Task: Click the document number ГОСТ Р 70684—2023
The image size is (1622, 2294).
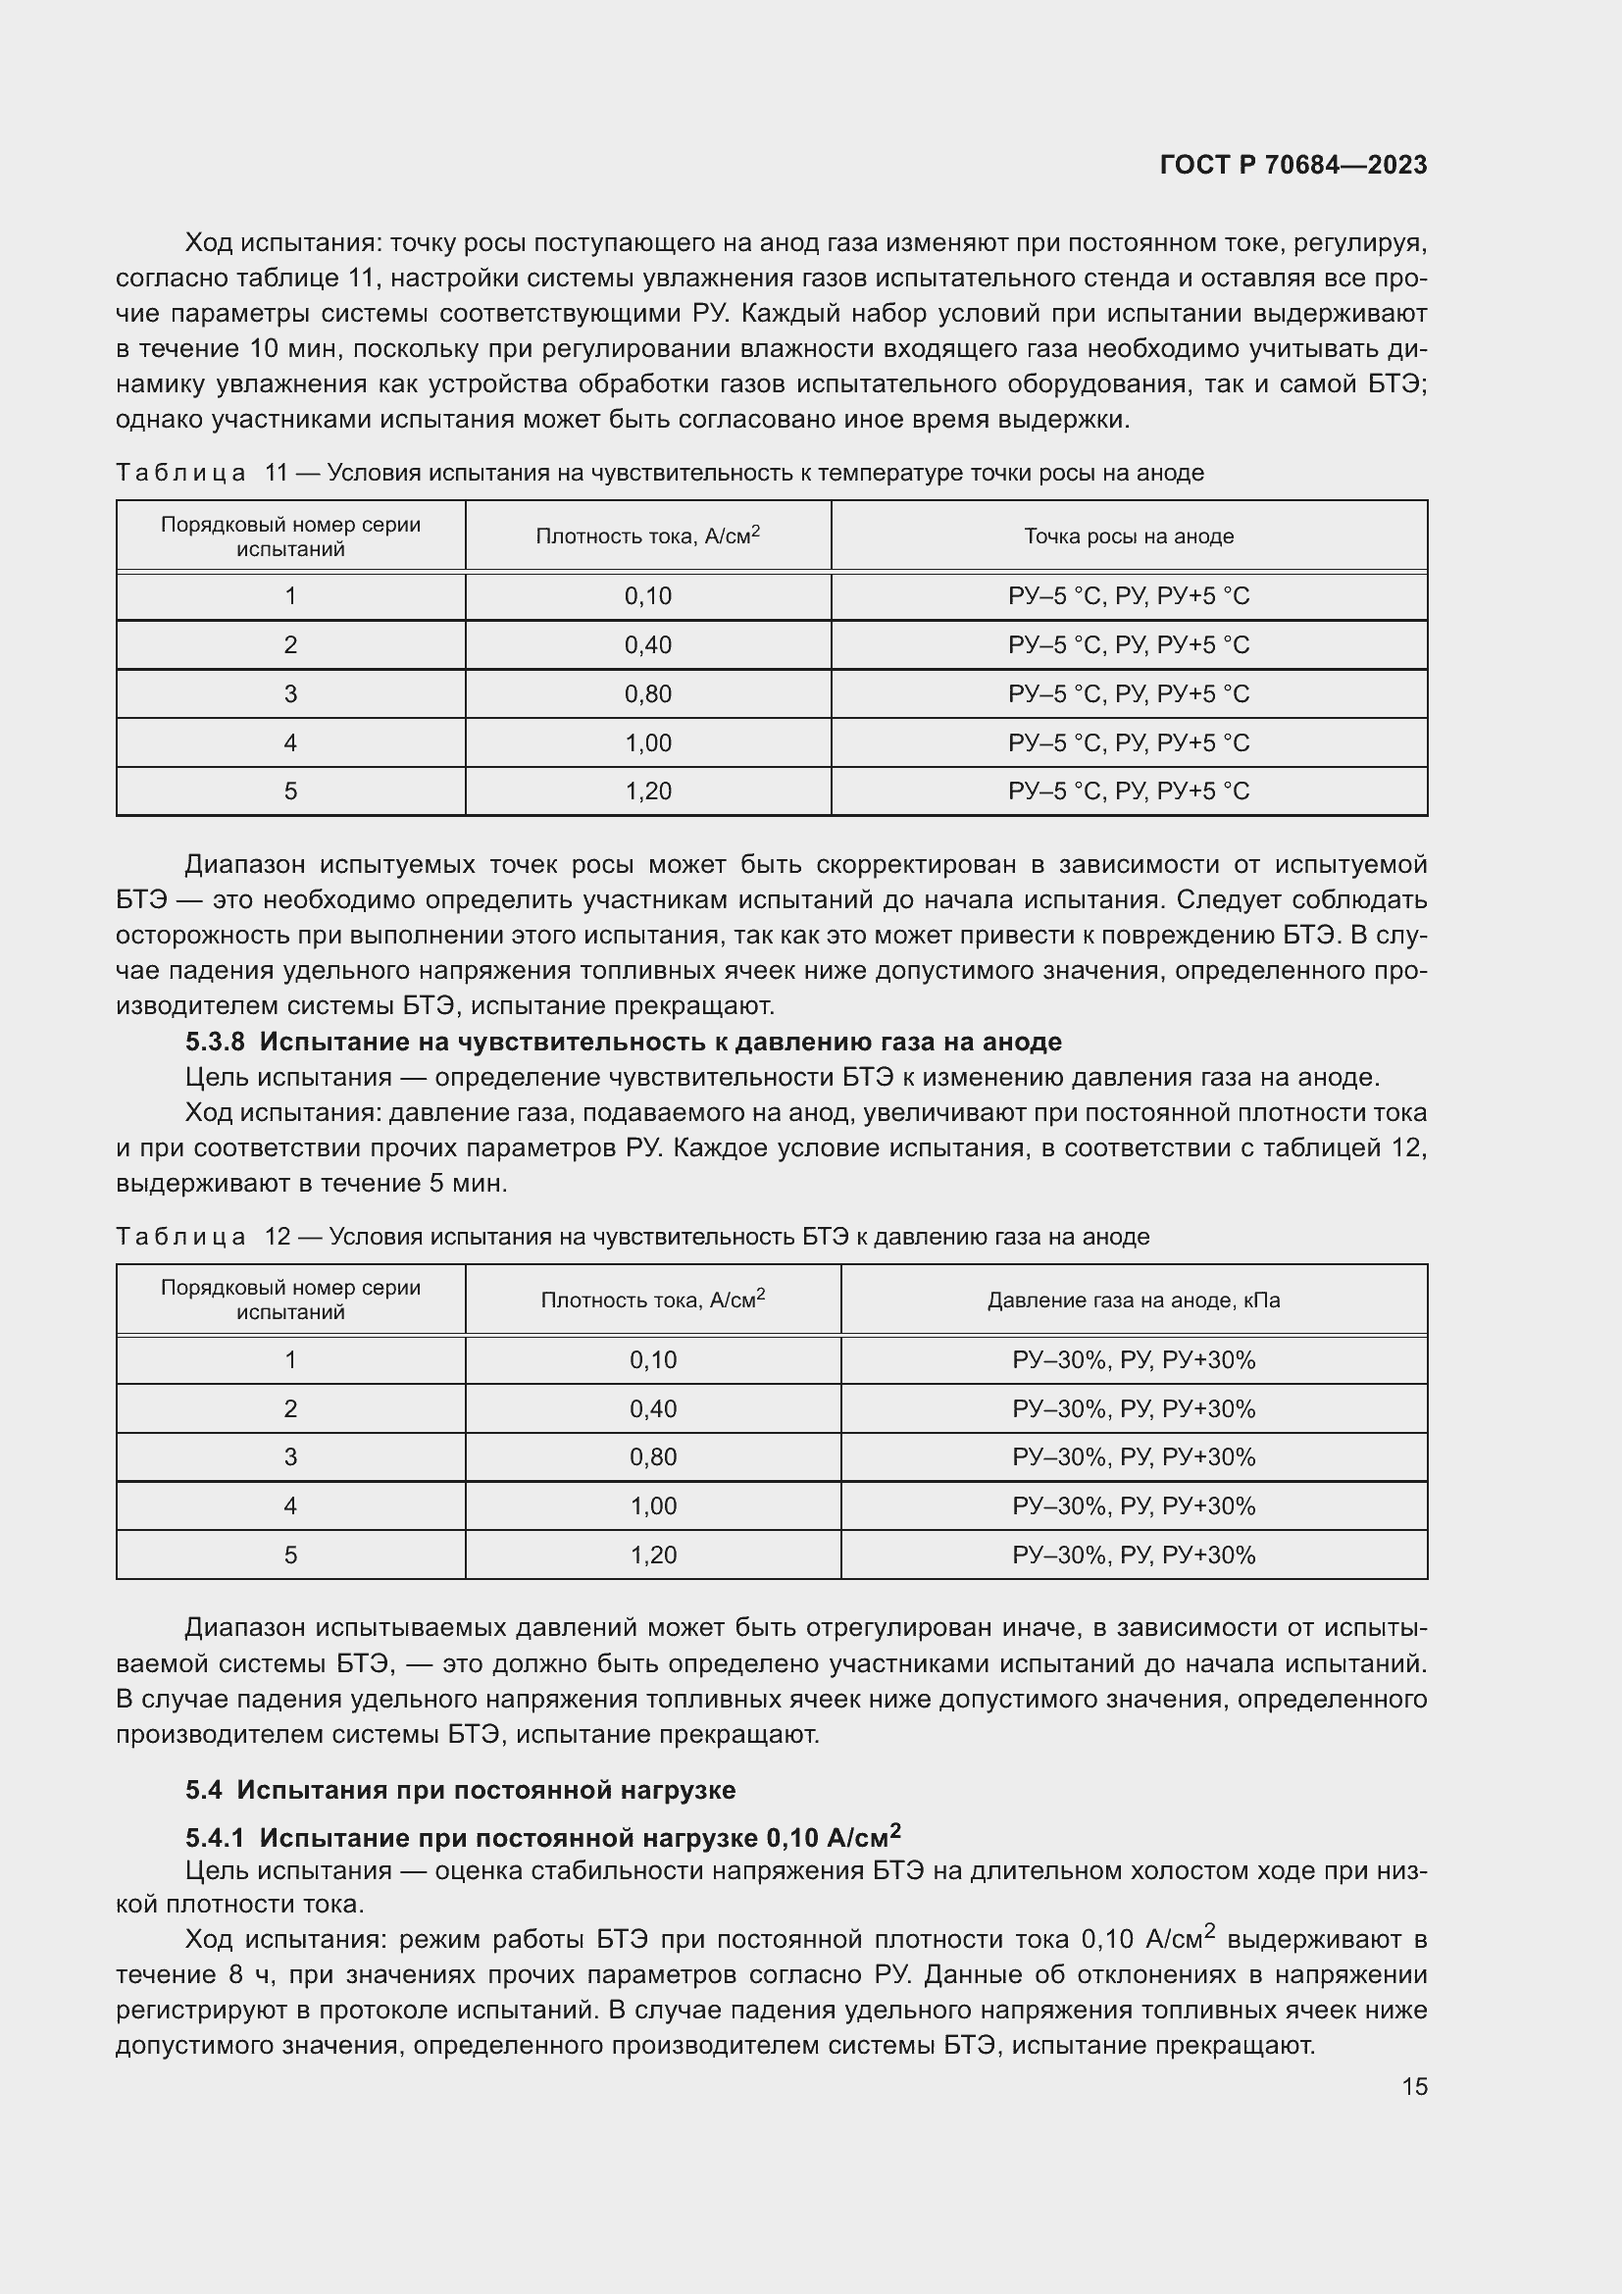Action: (1293, 165)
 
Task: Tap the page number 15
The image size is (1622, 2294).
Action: (1414, 2086)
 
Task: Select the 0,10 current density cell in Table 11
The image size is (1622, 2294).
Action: (648, 596)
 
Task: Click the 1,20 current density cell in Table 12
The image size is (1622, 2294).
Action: (653, 1555)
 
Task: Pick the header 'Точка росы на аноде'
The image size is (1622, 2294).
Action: (1129, 536)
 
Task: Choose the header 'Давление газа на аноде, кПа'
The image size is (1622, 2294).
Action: (1134, 1300)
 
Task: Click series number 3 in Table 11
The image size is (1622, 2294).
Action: (290, 694)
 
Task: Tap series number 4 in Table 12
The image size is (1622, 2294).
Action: (290, 1505)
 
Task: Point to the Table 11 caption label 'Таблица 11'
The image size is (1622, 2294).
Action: (201, 473)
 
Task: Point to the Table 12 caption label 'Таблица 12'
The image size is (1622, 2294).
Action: (201, 1237)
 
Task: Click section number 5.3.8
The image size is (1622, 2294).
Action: (215, 1043)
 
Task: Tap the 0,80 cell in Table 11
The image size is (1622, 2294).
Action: (648, 694)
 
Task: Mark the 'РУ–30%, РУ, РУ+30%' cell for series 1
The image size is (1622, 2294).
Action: (1134, 1359)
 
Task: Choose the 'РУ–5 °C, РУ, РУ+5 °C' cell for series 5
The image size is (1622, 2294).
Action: (1129, 791)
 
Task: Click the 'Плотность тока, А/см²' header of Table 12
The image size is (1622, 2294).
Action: (653, 1300)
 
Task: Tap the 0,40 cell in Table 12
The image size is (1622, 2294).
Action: (653, 1408)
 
